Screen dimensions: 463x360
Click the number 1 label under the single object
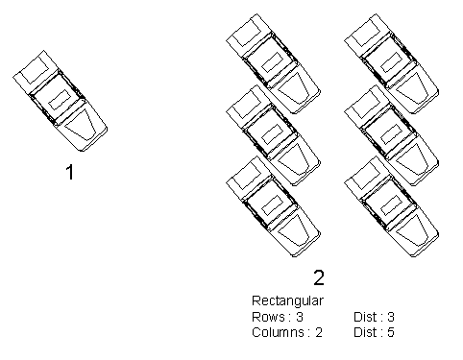[x=70, y=172]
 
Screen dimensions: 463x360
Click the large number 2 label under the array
[x=319, y=277]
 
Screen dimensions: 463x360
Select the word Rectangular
[x=287, y=301]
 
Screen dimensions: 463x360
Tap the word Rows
[x=268, y=317]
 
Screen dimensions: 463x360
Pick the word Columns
[x=278, y=332]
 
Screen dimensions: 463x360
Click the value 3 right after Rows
[x=300, y=317]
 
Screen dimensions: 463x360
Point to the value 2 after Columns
[x=318, y=332]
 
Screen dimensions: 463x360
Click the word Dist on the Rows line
[x=365, y=317]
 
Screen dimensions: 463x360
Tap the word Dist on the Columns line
[x=365, y=332]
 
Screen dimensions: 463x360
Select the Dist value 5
[x=391, y=332]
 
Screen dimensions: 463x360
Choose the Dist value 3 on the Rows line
[x=391, y=317]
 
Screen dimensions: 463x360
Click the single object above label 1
[x=61, y=101]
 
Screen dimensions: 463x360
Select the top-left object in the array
[x=274, y=64]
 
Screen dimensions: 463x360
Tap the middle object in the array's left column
[x=274, y=135]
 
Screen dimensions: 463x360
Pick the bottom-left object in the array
[x=274, y=206]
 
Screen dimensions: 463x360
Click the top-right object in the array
[x=392, y=64]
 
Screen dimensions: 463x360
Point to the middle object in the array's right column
[x=392, y=135]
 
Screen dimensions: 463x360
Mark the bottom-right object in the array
[x=392, y=206]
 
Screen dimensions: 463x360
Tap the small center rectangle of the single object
[x=60, y=100]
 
